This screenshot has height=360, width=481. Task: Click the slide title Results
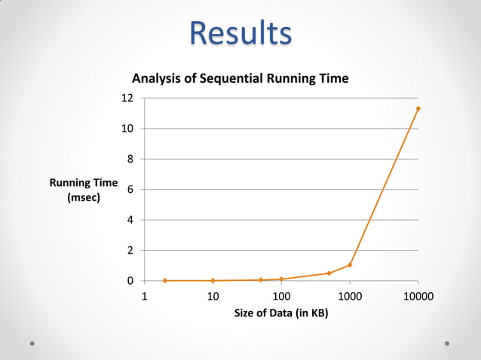tap(240, 33)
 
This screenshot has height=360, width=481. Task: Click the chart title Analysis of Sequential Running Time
tap(240, 78)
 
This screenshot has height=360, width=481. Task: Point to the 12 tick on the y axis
tap(128, 98)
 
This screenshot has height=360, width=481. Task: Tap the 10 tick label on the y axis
tap(128, 129)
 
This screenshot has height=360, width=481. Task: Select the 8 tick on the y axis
tap(130, 159)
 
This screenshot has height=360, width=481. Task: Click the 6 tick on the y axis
tap(130, 190)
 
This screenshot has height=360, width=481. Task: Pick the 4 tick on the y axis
tap(130, 220)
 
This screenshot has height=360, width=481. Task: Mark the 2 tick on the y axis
tap(130, 250)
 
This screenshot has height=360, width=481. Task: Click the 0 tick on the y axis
tap(130, 281)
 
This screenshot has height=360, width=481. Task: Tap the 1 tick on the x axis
tap(144, 296)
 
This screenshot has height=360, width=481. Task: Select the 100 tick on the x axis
tap(281, 296)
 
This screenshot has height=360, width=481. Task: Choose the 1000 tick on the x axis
tap(350, 296)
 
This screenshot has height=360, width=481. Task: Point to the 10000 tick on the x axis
tap(418, 296)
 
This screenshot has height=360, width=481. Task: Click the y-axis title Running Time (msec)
tap(84, 190)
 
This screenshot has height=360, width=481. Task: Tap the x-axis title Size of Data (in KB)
tap(281, 313)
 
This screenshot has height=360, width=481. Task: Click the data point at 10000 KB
tap(418, 108)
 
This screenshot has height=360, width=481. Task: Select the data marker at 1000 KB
tap(350, 265)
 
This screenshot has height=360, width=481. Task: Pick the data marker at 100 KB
tap(281, 279)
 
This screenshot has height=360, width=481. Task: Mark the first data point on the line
tap(165, 281)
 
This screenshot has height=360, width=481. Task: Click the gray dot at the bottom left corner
tap(33, 343)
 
